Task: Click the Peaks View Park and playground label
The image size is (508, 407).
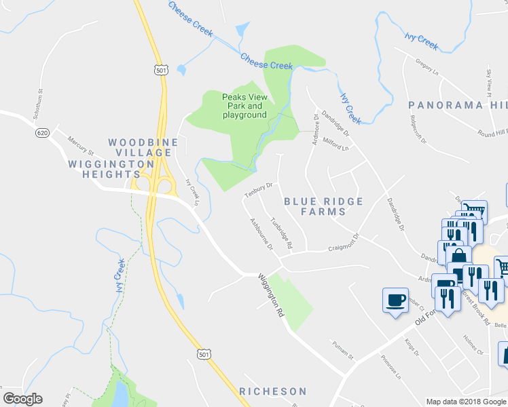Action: pyautogui.click(x=244, y=106)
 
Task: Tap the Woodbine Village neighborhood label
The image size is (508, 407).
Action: pyautogui.click(x=143, y=147)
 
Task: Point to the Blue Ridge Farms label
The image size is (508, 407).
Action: pyautogui.click(x=323, y=206)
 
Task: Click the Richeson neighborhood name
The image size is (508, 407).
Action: pyautogui.click(x=273, y=391)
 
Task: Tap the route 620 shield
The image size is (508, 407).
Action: pyautogui.click(x=42, y=133)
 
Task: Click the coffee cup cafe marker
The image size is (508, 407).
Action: pyautogui.click(x=395, y=299)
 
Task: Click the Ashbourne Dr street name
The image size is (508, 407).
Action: pyautogui.click(x=261, y=234)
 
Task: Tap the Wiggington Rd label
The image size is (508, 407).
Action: pyautogui.click(x=270, y=296)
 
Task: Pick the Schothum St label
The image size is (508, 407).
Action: pyautogui.click(x=39, y=100)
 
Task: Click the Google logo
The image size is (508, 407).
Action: pyautogui.click(x=22, y=399)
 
